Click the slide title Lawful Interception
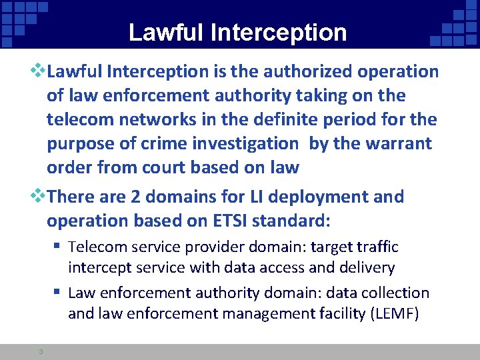pyautogui.click(x=237, y=32)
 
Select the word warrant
pyautogui.click(x=398, y=143)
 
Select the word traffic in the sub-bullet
pyautogui.click(x=375, y=247)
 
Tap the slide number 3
pyautogui.click(x=41, y=352)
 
